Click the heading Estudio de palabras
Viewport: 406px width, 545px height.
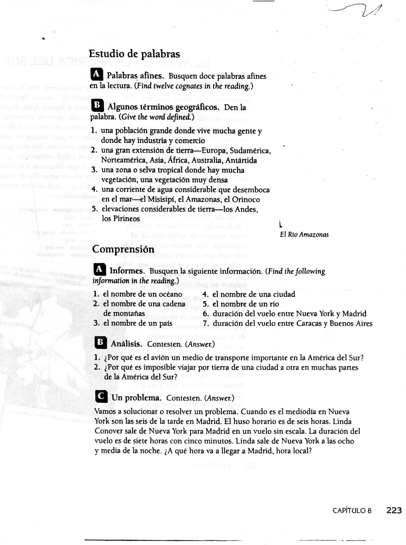pos(134,54)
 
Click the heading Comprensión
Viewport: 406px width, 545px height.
pos(123,249)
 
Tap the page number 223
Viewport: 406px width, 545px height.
pos(394,510)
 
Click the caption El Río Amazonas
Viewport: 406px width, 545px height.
pos(304,234)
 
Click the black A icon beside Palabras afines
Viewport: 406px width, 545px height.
pos(96,74)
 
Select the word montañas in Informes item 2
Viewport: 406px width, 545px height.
pos(124,314)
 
